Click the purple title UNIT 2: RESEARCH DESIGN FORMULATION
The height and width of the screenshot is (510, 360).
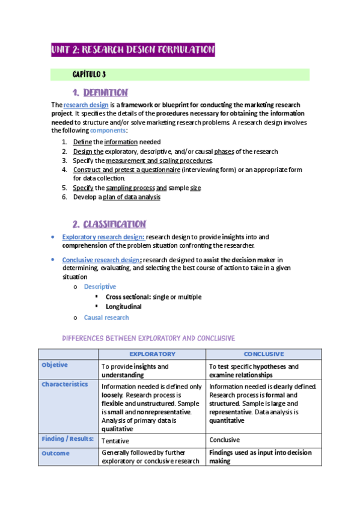pos(132,50)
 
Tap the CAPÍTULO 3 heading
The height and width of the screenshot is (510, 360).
pos(89,75)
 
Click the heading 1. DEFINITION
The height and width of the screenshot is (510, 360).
pos(100,93)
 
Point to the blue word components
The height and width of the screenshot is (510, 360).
pos(108,130)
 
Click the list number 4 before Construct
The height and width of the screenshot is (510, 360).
pos(64,170)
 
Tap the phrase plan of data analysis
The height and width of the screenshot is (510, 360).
pos(132,197)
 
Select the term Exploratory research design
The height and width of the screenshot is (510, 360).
pos(103,237)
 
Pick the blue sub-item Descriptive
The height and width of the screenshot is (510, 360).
pos(100,287)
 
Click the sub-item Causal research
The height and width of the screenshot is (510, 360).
pos(106,317)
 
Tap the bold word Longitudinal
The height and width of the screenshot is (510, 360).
pos(123,307)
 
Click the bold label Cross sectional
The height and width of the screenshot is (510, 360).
pos(128,296)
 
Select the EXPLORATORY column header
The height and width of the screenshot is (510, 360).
pos(153,354)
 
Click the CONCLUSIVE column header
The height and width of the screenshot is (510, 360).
pos(264,354)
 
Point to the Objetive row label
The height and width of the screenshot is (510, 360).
pos(55,365)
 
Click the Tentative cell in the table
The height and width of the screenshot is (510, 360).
pos(116,440)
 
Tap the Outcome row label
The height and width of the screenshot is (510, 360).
pos(56,453)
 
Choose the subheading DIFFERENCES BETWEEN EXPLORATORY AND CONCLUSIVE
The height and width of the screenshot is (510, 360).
pos(148,338)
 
